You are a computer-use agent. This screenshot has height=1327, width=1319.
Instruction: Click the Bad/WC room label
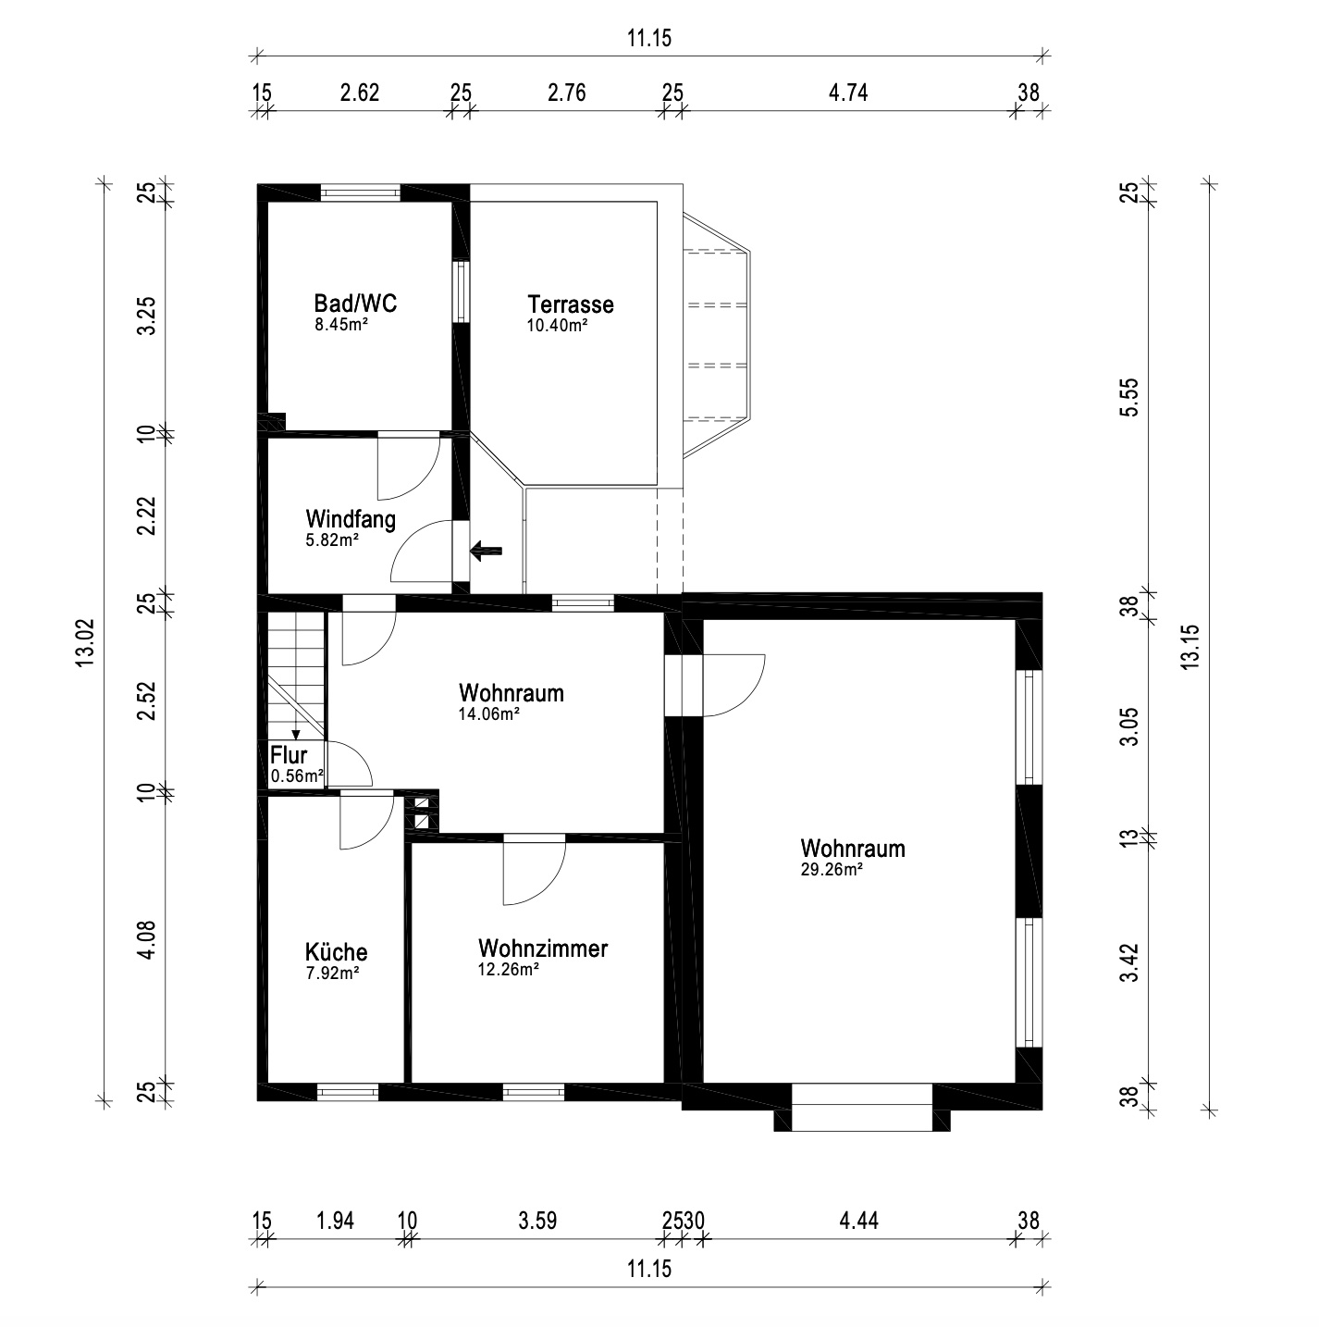click(355, 303)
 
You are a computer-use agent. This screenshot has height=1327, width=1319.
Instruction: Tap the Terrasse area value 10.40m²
click(557, 326)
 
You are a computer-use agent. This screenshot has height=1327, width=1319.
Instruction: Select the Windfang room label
click(351, 518)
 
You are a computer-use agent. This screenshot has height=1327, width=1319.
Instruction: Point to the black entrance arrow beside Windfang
click(486, 551)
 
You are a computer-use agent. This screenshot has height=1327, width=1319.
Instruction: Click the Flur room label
click(289, 755)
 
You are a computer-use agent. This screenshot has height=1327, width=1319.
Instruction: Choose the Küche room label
click(336, 952)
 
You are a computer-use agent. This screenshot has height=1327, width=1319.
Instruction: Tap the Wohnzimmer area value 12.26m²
click(508, 970)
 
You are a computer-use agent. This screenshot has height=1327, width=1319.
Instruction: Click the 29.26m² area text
click(832, 870)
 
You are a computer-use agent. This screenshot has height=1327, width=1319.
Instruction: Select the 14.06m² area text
click(488, 714)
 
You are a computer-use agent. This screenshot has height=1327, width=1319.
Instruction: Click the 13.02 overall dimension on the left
click(85, 643)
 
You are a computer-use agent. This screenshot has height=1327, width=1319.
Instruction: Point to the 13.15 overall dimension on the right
click(1190, 647)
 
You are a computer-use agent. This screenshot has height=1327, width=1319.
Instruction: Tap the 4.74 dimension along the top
click(848, 93)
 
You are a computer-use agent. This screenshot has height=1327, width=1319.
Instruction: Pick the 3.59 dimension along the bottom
click(537, 1221)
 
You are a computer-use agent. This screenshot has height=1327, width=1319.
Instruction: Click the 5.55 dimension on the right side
click(1129, 397)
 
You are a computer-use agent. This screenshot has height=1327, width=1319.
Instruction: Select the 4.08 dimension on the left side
click(147, 939)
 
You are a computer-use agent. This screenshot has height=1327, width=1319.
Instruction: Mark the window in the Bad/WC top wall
click(360, 192)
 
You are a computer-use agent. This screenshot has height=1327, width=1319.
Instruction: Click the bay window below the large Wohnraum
click(862, 1108)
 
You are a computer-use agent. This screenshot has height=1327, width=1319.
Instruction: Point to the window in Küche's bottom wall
click(348, 1092)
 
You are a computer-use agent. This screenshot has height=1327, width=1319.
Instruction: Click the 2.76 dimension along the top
click(567, 93)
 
